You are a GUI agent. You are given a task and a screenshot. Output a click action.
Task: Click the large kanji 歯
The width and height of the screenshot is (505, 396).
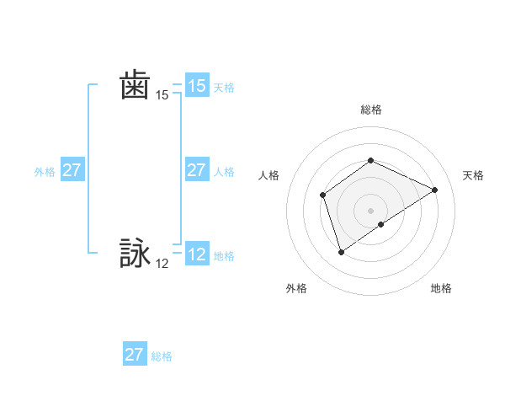(135, 86)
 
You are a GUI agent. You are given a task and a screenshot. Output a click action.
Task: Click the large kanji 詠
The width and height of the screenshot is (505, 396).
(135, 253)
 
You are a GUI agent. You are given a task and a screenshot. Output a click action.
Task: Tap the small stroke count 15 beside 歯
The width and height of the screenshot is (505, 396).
(162, 95)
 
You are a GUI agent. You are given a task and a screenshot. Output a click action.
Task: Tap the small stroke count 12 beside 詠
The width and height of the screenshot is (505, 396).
(162, 264)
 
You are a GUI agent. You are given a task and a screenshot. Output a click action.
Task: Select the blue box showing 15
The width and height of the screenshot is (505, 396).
(196, 86)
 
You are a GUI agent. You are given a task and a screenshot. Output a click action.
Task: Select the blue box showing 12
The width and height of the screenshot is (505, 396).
(196, 254)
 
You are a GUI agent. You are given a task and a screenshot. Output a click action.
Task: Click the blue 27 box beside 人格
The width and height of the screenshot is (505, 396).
(196, 170)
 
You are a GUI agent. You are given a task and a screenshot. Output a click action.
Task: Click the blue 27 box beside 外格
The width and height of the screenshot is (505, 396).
(72, 170)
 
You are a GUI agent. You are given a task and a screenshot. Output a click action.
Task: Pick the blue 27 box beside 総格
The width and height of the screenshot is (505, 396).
(134, 354)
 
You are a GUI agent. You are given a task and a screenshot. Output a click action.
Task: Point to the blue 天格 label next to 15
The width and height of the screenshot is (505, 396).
(224, 88)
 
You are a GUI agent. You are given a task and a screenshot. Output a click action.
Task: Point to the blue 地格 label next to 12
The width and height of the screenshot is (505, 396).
(224, 256)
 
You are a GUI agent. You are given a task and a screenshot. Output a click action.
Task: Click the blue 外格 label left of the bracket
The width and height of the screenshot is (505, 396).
(45, 172)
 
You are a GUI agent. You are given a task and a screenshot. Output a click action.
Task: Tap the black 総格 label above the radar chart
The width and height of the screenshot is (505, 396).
(371, 110)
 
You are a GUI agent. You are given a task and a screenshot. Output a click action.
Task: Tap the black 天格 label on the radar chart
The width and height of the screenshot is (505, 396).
(473, 175)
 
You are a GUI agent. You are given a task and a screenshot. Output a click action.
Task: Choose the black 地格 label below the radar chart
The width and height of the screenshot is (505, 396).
(441, 288)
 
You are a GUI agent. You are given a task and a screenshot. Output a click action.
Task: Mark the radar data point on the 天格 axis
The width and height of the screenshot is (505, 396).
(435, 190)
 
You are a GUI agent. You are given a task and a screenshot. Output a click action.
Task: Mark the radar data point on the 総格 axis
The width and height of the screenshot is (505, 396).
(370, 161)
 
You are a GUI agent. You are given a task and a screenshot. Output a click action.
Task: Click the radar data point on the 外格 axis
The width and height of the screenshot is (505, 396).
(341, 251)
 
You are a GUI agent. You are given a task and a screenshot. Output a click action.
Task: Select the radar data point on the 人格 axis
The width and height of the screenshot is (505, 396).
(323, 195)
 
